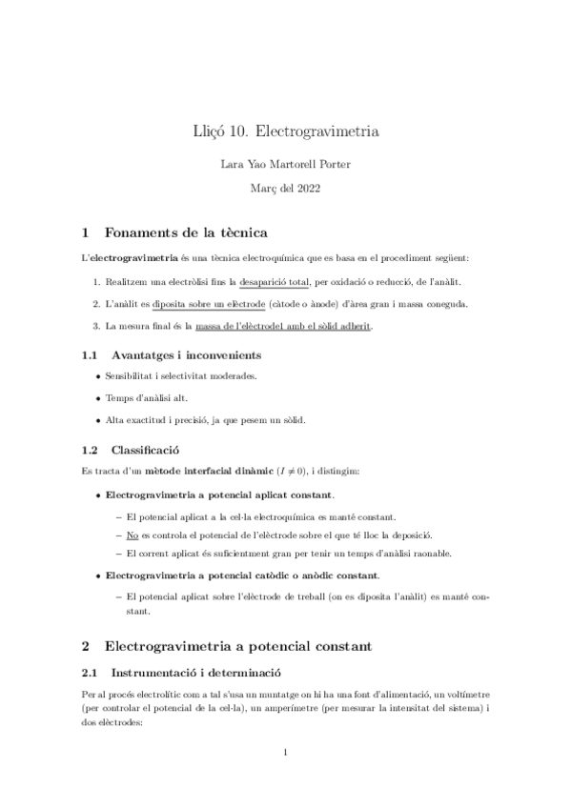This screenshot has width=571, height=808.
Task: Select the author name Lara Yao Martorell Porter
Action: point(285,164)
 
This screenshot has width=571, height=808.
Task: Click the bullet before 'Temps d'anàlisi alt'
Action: point(96,399)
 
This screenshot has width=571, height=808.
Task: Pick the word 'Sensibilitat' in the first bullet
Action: point(133,377)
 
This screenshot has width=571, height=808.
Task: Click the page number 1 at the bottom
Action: point(285,756)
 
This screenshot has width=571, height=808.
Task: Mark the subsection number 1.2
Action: point(90,449)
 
